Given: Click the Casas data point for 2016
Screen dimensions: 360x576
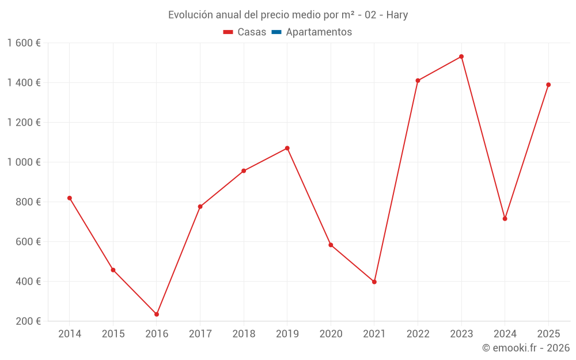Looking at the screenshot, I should (x=157, y=314).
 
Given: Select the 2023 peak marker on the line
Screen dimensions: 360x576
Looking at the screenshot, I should (x=461, y=56).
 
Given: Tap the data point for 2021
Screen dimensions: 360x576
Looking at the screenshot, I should (x=374, y=282).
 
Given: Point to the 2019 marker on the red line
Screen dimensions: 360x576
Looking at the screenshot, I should (x=287, y=148).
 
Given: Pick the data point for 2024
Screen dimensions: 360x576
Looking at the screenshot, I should (x=505, y=218).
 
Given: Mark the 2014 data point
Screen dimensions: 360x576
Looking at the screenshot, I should (x=70, y=198).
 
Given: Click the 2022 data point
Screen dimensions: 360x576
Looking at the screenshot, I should (x=418, y=81).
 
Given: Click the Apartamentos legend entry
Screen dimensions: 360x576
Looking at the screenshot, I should (x=319, y=32).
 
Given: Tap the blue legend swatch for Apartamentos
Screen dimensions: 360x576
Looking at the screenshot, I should (x=276, y=32).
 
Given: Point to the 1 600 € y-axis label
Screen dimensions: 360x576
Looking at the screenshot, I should (x=24, y=43).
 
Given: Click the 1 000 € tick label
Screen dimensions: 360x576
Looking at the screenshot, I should (x=24, y=162).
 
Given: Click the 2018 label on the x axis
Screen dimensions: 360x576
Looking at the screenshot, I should (x=244, y=334).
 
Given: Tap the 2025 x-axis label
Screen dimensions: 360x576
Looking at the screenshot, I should (x=548, y=334).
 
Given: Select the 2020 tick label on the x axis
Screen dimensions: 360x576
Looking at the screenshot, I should (x=331, y=334).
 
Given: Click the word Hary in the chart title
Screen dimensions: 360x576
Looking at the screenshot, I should (x=397, y=15).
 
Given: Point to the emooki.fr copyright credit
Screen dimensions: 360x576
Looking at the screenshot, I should (x=526, y=348).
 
